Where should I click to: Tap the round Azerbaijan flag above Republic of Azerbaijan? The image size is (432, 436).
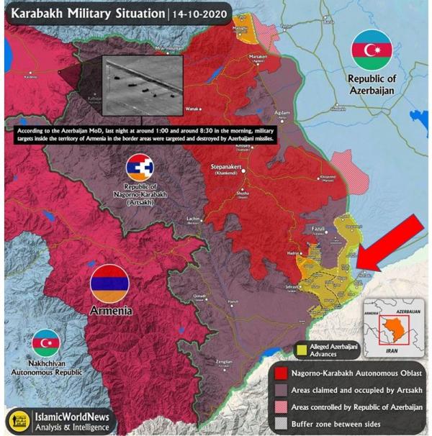[372, 50]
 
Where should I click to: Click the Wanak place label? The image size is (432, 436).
[192, 108]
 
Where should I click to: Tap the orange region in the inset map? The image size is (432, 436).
[392, 328]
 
